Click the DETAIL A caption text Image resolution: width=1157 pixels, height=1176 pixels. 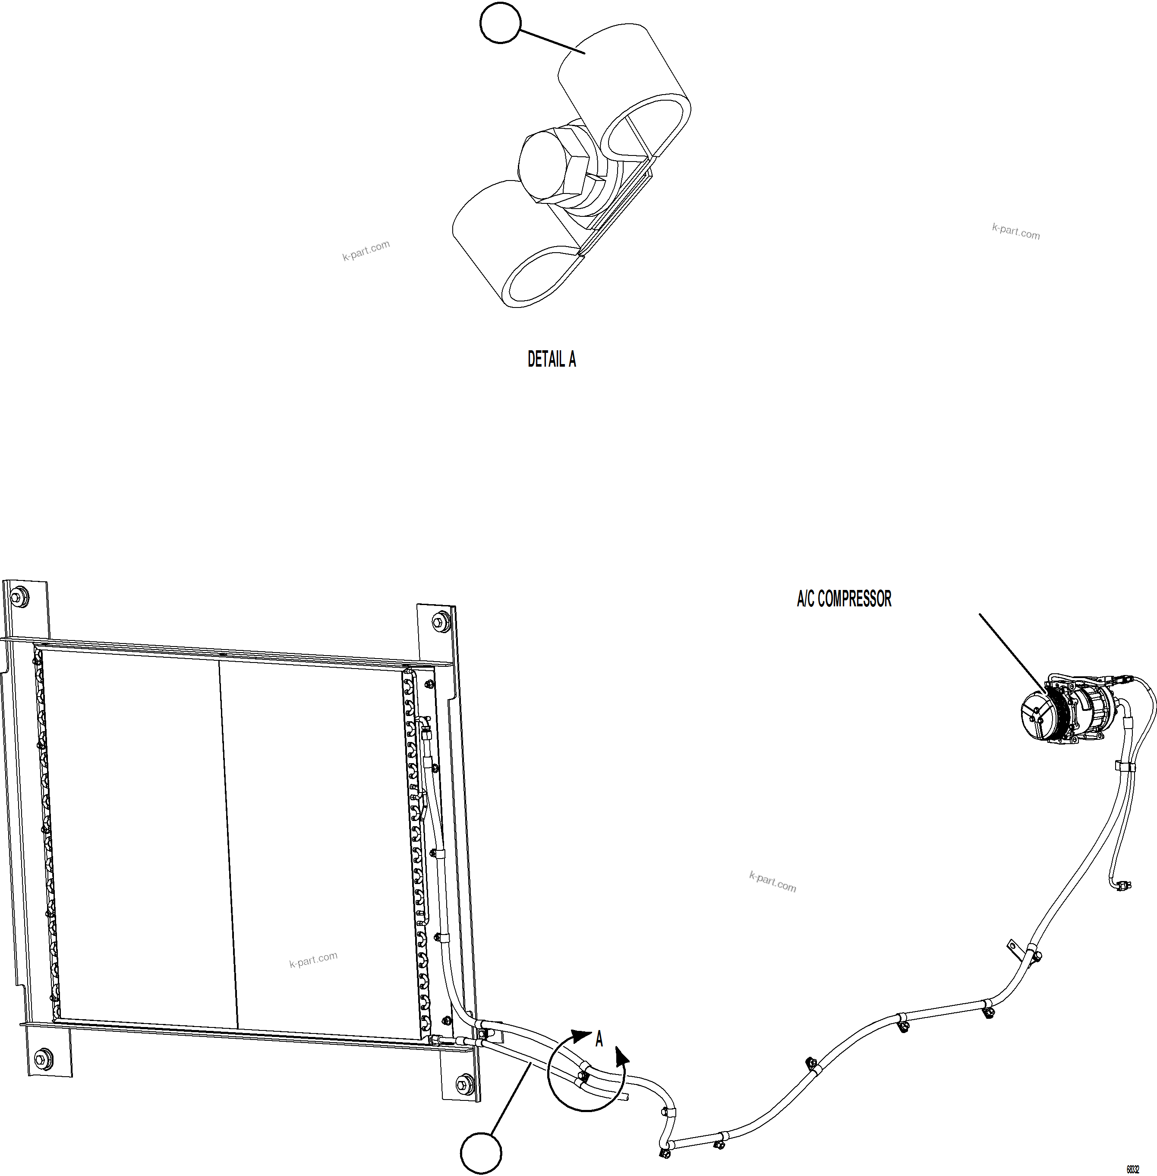[551, 359]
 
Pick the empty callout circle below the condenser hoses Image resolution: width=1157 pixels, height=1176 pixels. [481, 1153]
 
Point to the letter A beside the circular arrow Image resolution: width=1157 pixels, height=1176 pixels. [599, 1039]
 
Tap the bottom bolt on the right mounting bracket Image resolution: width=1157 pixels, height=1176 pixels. [464, 1082]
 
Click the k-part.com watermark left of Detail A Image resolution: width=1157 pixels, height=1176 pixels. [366, 250]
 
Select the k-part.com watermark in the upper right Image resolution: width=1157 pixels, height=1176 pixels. [1015, 231]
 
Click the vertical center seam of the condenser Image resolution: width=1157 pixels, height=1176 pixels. [228, 845]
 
